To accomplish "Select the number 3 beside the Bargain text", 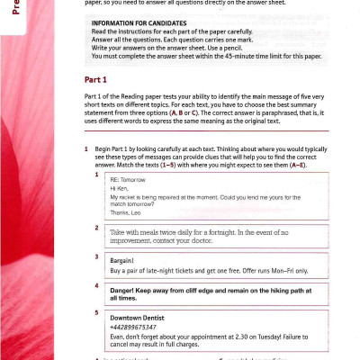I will [95, 256].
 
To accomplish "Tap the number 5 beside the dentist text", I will [95, 312].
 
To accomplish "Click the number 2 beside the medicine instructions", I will [95, 228].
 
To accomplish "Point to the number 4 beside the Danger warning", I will [95, 285].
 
